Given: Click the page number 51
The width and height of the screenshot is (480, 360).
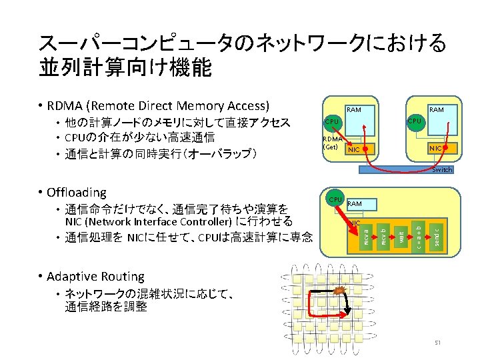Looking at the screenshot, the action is pos(438,343).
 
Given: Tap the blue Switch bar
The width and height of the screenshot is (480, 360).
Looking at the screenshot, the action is pos(407,169).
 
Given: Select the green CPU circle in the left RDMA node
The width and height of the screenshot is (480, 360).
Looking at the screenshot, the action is pos(331,123).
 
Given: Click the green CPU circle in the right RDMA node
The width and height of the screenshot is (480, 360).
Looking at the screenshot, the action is pos(415,121).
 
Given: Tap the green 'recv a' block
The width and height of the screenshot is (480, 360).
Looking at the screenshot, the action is pos(367,237).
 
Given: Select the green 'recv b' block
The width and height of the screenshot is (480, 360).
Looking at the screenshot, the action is pos(384,237).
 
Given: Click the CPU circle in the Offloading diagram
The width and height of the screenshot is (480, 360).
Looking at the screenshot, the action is pos(335,199).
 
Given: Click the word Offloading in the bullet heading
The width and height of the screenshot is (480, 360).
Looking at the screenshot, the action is pos(77,193).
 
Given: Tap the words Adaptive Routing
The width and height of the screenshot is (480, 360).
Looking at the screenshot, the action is pos(95,276).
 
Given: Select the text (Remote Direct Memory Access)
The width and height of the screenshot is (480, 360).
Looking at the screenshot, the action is pos(180,105).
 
